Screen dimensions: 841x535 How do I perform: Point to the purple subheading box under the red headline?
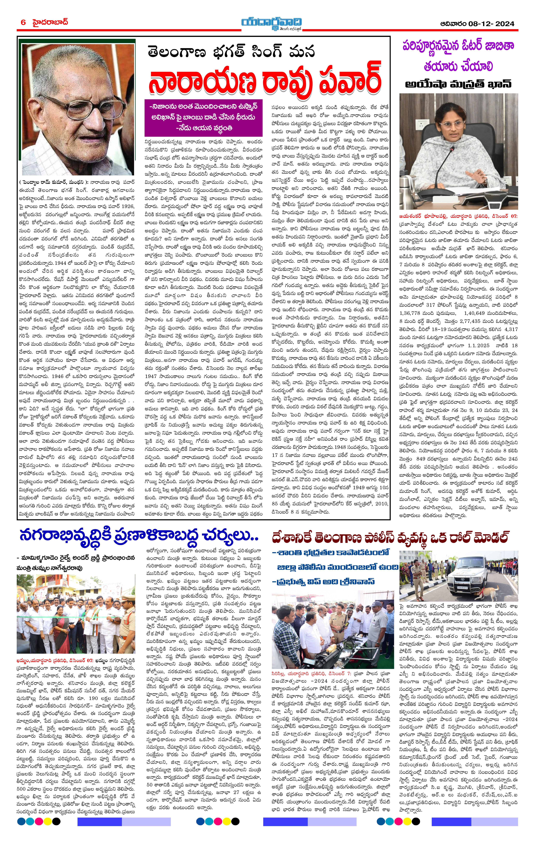click(x=204, y=118)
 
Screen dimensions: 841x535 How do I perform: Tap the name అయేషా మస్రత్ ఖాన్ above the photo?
click(x=458, y=84)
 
